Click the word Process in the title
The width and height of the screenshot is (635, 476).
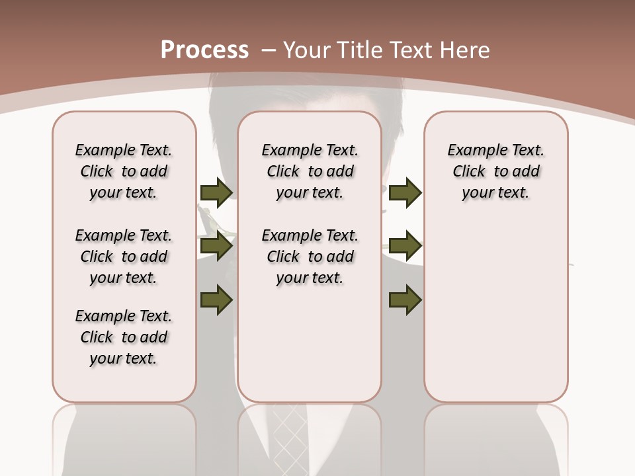click(x=204, y=50)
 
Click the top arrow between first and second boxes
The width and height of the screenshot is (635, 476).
click(x=216, y=193)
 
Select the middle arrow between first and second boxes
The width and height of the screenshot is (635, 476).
click(x=216, y=247)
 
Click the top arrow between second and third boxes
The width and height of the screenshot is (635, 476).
click(x=405, y=193)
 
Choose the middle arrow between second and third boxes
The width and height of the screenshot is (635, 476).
click(x=405, y=247)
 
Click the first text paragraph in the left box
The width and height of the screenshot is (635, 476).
click(x=124, y=171)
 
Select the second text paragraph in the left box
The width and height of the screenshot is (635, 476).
click(x=124, y=257)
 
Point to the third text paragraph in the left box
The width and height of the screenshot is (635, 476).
click(x=124, y=337)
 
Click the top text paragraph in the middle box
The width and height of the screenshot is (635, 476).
click(x=310, y=171)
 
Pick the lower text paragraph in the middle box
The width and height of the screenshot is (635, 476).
click(x=310, y=257)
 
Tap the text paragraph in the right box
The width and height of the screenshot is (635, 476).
click(x=496, y=171)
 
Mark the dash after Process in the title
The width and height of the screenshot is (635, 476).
click(x=269, y=50)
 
